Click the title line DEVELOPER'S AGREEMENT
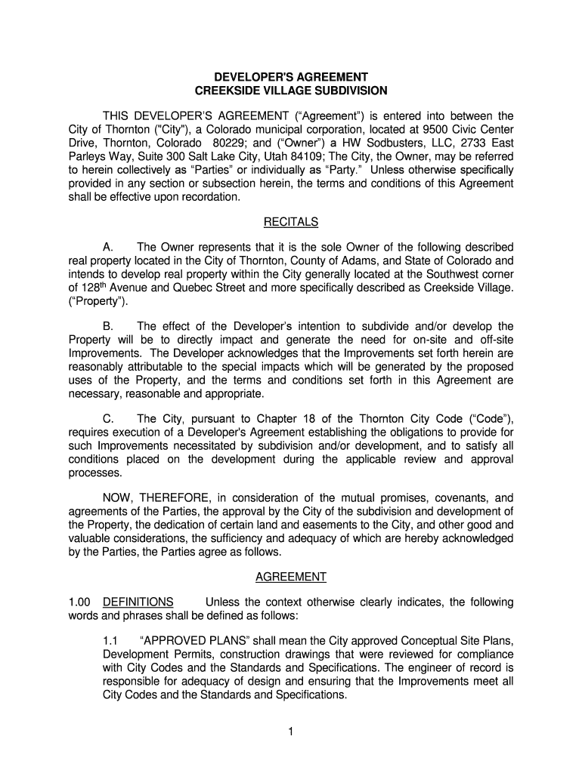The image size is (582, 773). (x=291, y=77)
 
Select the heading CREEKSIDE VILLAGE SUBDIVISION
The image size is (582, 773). (x=291, y=91)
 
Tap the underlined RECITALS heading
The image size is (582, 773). (x=291, y=222)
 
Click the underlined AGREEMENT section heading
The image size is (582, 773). (x=291, y=577)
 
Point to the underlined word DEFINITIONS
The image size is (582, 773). (x=138, y=602)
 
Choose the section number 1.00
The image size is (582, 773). (x=79, y=602)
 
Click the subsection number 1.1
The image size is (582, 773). (x=110, y=642)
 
